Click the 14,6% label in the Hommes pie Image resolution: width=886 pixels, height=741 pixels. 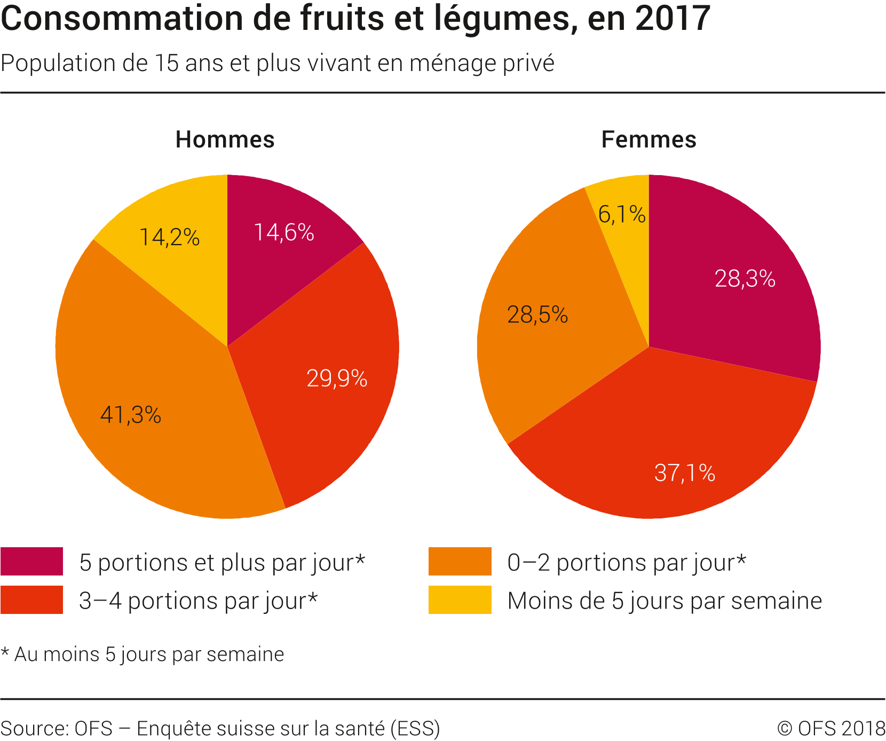click(x=283, y=233)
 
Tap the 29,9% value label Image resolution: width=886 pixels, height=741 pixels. click(x=337, y=379)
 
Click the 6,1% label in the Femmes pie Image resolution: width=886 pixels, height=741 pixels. click(x=622, y=215)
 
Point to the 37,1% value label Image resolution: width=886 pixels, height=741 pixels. click(x=685, y=473)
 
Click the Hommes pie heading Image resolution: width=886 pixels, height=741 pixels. click(x=225, y=140)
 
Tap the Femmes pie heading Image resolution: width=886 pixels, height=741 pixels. click(x=648, y=140)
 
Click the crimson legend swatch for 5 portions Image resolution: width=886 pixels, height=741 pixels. click(x=32, y=562)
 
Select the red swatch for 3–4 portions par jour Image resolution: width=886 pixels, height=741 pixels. click(x=32, y=600)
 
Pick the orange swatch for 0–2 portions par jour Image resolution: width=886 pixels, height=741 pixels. click(x=460, y=562)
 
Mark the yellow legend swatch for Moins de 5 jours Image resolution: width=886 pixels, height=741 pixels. click(x=460, y=600)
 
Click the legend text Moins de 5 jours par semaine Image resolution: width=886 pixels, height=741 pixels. click(x=664, y=601)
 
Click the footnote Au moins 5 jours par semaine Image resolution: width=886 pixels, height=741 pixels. click(x=148, y=655)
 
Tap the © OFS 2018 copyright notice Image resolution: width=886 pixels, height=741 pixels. click(x=831, y=729)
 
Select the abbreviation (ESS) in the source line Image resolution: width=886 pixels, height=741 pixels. click(x=415, y=729)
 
